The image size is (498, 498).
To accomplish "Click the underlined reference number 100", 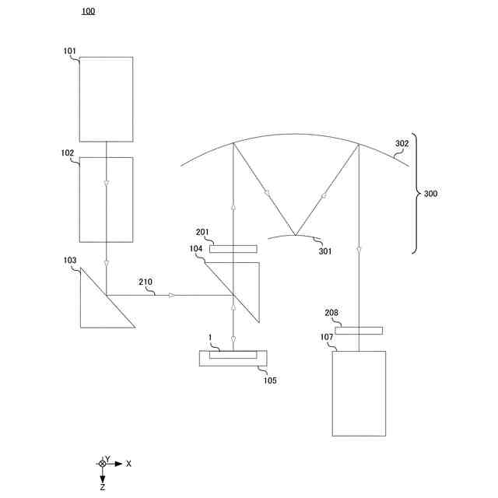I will pos(88,12).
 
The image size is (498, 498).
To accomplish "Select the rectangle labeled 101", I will pos(106,99).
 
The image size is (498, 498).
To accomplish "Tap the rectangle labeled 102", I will pos(106,200).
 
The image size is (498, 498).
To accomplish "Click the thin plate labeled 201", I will pos(233,249).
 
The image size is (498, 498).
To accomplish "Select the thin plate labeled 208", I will pos(359,331).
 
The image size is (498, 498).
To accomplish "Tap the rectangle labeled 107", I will pos(359,393).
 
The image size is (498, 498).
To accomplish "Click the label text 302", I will pos(402,144).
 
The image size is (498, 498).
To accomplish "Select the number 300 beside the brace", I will pos(430,194).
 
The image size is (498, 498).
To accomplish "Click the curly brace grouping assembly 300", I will pos(416,193).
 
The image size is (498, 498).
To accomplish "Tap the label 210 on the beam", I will pos(146,282).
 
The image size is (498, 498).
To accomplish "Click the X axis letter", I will pos(129,464).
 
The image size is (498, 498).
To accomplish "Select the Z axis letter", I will pos(103,486).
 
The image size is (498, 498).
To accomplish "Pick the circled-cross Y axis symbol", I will pos(102,464).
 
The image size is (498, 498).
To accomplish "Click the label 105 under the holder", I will pos(269,381).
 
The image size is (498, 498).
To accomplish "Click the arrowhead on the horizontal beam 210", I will pos(172,295).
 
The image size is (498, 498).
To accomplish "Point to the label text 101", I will pos(70,52).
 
